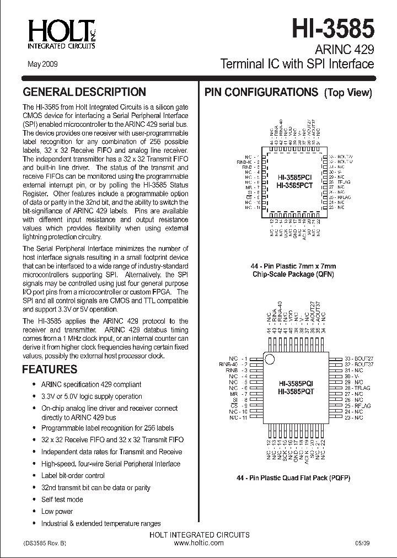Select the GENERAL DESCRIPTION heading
(84, 92)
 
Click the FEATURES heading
(50, 369)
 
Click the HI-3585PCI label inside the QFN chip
(295, 178)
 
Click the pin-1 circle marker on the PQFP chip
(270, 360)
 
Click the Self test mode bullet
(62, 500)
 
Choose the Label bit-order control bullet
(73, 475)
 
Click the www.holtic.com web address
(199, 543)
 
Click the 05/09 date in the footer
(363, 543)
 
